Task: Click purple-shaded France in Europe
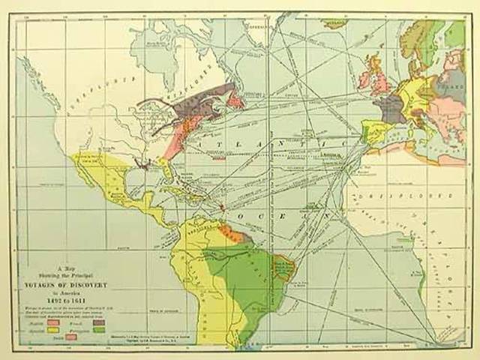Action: tap(389, 106)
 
